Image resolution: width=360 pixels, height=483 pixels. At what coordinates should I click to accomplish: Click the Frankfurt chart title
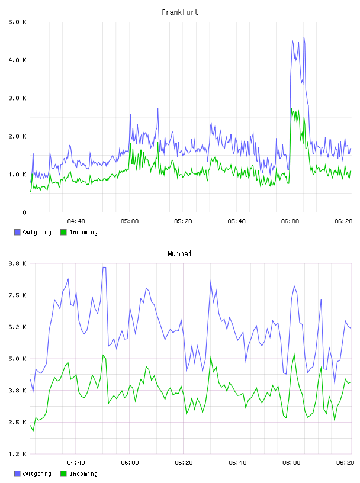click(180, 12)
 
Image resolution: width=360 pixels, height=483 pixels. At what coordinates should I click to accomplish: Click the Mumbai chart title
click(179, 254)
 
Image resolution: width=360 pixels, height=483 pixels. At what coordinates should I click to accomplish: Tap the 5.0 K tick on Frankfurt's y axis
click(18, 22)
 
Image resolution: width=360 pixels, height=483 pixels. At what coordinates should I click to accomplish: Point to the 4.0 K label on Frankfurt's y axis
click(18, 60)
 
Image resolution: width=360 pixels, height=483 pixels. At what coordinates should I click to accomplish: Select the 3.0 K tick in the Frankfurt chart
click(18, 98)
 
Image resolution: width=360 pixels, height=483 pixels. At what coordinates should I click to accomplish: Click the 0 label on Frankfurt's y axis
click(25, 212)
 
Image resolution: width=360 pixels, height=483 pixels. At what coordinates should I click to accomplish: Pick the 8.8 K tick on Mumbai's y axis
click(18, 263)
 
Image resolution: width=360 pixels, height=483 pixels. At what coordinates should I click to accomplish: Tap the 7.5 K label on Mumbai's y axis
click(18, 295)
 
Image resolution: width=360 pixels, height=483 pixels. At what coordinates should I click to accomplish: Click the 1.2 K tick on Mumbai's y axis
click(18, 454)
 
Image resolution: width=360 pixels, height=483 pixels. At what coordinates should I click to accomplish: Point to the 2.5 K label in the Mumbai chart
click(18, 422)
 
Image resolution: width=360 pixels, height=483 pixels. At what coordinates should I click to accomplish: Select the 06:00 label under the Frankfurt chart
click(290, 221)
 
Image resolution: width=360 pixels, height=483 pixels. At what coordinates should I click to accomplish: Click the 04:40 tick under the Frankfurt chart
click(76, 221)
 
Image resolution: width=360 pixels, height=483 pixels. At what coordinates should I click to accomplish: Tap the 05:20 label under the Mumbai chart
click(184, 463)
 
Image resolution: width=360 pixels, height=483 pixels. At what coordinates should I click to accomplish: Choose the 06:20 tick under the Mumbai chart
click(345, 463)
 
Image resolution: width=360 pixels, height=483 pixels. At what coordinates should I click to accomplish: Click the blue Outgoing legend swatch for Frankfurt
click(17, 232)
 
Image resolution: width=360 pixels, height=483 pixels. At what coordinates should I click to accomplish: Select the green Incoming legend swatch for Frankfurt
click(63, 232)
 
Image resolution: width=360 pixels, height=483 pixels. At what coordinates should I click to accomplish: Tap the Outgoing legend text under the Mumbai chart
click(37, 474)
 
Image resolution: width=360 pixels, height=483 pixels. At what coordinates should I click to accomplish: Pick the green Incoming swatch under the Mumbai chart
click(63, 474)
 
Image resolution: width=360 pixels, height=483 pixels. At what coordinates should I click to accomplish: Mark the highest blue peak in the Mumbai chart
click(104, 268)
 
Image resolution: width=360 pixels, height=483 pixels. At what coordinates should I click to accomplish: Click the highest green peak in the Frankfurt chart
click(291, 109)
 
